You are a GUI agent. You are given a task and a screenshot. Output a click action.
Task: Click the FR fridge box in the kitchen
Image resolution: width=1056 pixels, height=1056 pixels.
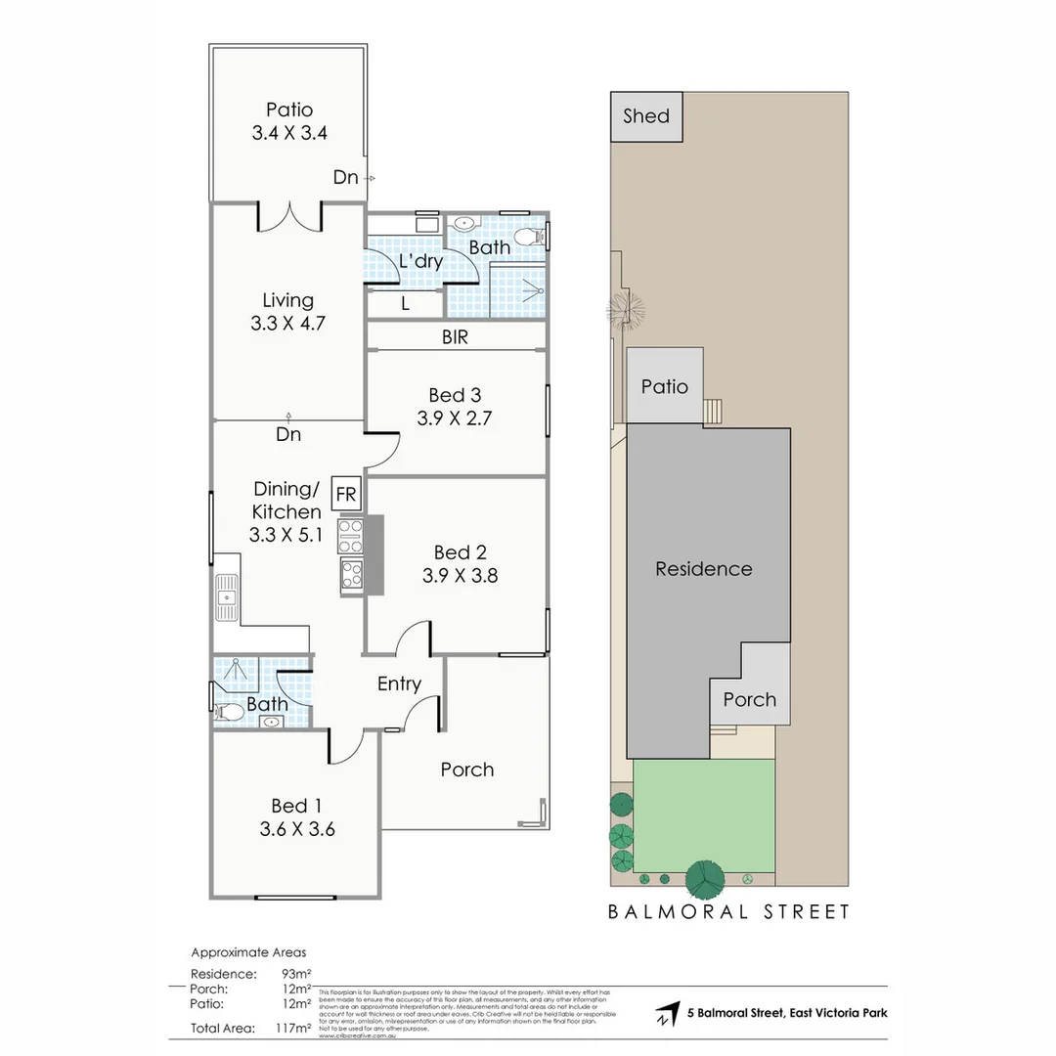click(346, 494)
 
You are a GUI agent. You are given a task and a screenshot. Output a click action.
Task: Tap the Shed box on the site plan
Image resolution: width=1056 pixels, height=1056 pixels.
click(646, 116)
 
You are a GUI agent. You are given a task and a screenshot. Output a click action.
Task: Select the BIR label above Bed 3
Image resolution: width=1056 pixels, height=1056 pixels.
click(455, 338)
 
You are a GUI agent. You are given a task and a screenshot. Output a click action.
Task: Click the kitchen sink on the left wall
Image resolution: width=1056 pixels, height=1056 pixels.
click(226, 595)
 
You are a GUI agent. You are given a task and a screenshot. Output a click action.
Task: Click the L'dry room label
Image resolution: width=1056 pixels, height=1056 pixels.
click(421, 262)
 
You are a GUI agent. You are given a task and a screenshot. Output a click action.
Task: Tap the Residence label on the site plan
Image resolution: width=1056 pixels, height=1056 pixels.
click(703, 569)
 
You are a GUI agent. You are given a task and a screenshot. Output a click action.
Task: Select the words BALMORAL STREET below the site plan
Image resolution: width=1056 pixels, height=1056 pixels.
click(728, 912)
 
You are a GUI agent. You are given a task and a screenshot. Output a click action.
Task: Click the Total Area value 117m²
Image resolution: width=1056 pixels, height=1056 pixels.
click(293, 1028)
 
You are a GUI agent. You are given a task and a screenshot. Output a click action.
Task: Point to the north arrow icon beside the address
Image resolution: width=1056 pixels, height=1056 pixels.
click(667, 1014)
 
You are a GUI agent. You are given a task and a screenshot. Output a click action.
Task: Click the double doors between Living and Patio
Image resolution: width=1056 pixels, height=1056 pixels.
click(289, 216)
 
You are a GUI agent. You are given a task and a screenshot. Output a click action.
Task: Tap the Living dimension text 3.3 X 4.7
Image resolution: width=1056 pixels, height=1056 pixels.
click(287, 324)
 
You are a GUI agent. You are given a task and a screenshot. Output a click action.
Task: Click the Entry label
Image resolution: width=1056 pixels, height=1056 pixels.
click(399, 683)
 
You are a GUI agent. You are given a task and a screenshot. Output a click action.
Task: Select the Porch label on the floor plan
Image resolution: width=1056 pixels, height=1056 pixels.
click(466, 770)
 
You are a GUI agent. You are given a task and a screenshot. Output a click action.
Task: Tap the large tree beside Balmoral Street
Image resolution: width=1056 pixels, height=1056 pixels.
click(706, 879)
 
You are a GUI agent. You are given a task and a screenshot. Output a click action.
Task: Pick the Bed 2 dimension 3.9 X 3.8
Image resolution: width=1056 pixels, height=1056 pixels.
click(460, 576)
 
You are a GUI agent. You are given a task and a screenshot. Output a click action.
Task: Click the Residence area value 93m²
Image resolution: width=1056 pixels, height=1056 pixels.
click(293, 974)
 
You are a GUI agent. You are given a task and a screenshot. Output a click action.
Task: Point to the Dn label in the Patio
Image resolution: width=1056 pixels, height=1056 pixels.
click(345, 177)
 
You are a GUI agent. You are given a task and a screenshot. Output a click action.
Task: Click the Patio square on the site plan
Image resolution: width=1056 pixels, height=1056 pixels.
click(664, 386)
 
